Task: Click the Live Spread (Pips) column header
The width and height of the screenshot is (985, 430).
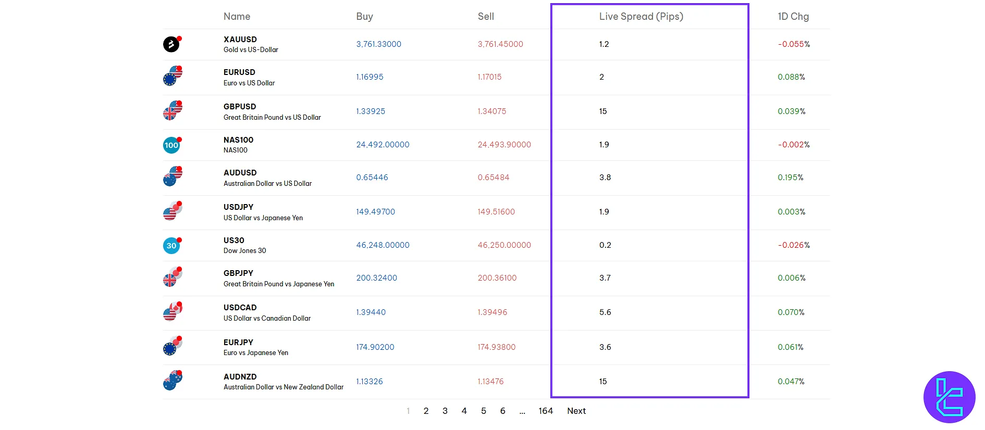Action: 641,17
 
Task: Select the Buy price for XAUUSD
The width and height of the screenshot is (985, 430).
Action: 378,44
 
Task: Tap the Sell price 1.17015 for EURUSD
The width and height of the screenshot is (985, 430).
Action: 489,77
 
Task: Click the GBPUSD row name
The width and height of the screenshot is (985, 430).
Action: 240,107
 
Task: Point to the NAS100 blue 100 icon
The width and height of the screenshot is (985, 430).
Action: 171,145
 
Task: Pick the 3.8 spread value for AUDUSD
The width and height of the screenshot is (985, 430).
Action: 605,178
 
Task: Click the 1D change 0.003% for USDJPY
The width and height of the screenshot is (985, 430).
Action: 791,212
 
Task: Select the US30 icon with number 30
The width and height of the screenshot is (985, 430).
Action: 171,246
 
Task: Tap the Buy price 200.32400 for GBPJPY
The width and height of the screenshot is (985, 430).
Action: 376,278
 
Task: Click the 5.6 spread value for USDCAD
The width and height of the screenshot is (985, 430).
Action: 605,312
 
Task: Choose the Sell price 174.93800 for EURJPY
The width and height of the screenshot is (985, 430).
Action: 496,347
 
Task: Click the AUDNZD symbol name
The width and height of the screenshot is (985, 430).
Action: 240,377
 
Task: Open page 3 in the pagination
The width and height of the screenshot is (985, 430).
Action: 445,411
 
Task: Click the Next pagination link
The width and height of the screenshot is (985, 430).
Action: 576,411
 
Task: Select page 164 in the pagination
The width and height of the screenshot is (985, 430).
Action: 546,411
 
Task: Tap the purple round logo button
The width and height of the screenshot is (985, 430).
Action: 949,397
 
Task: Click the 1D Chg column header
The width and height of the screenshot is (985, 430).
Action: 793,17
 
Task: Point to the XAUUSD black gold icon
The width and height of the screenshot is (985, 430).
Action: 171,44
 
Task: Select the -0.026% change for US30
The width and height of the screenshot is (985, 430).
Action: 793,245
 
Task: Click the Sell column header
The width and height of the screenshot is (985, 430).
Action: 486,17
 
